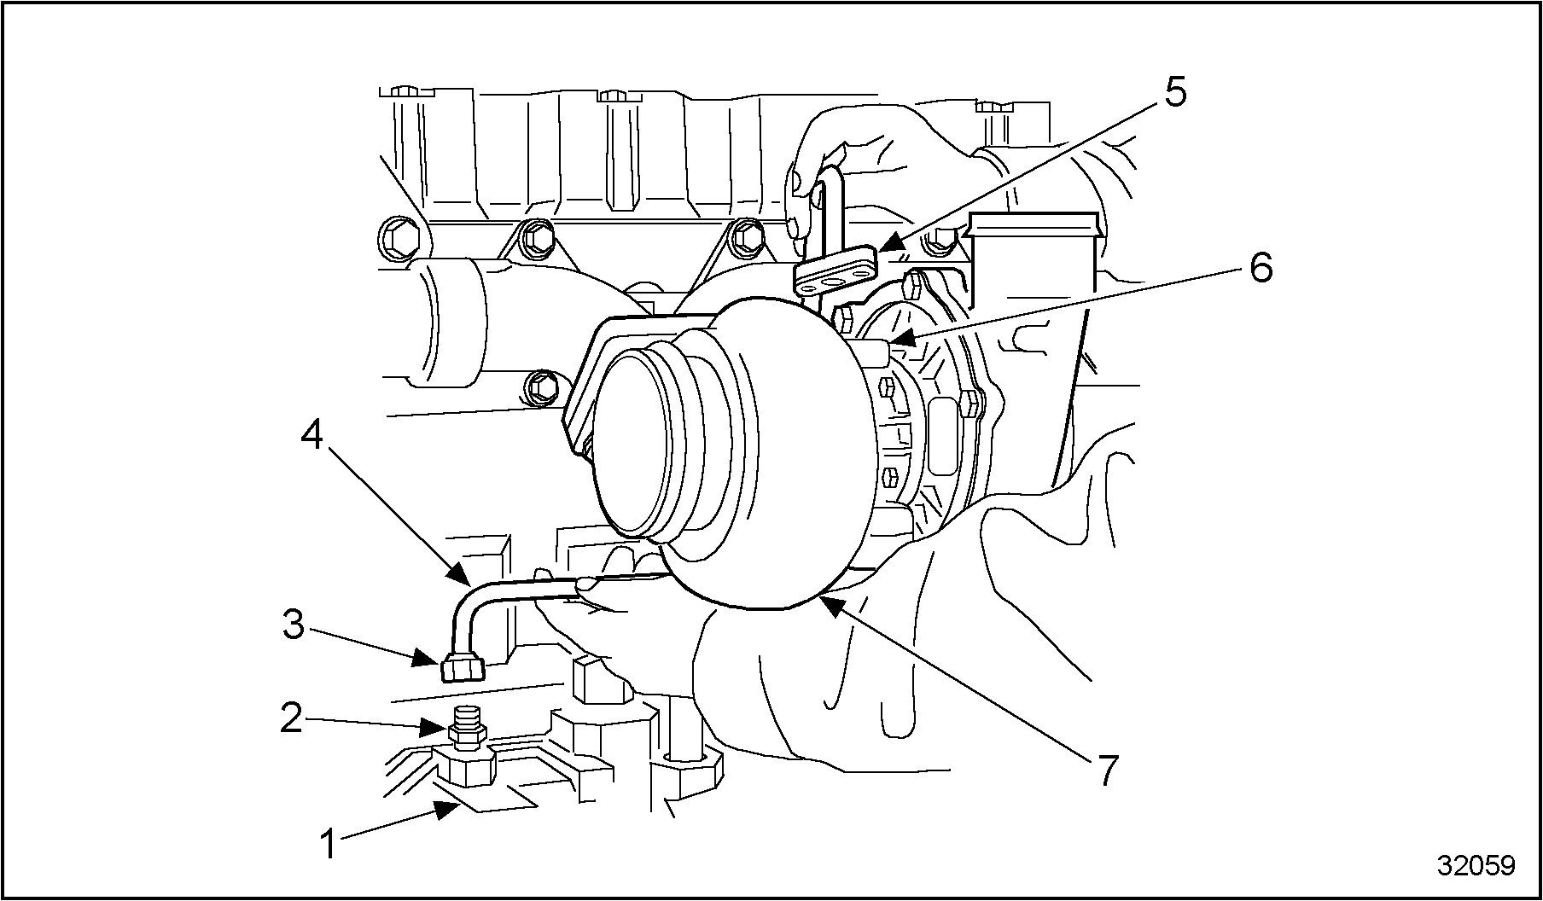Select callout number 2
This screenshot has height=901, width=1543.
(293, 718)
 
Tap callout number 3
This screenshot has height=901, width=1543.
(294, 625)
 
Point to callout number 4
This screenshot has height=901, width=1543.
(312, 436)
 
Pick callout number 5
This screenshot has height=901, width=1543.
(1174, 92)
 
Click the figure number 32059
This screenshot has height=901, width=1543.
(1476, 864)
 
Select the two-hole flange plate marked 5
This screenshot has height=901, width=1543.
(836, 272)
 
